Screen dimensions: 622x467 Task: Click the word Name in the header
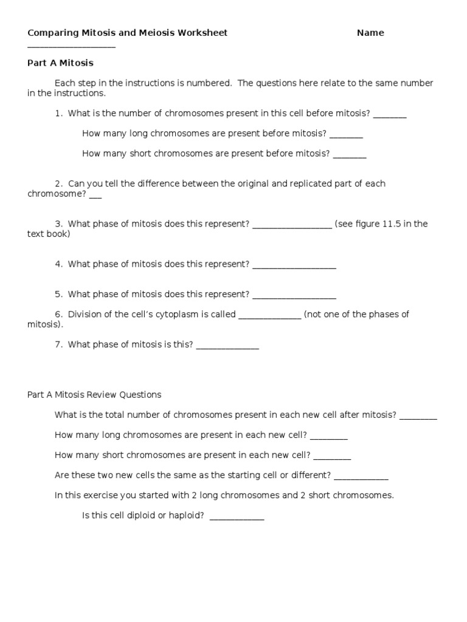point(370,33)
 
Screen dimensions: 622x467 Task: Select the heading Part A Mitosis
point(60,63)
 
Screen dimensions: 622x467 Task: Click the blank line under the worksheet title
point(71,47)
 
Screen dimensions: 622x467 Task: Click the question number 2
point(58,183)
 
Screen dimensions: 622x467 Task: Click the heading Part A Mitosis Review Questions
point(94,395)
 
